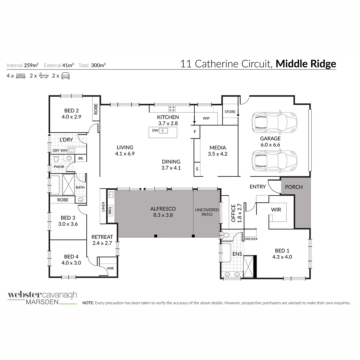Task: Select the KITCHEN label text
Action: pyautogui.click(x=168, y=117)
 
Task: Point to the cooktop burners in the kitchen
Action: pyautogui.click(x=172, y=108)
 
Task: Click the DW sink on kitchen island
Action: pyautogui.click(x=163, y=131)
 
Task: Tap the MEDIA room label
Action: pyautogui.click(x=218, y=148)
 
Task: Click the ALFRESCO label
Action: pyautogui.click(x=163, y=209)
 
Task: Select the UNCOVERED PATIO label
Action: pyautogui.click(x=207, y=212)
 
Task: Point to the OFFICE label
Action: pyautogui.click(x=233, y=213)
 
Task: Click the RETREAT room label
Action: pyautogui.click(x=102, y=237)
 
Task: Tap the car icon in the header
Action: pyautogui.click(x=65, y=76)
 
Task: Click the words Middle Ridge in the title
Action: pyautogui.click(x=306, y=64)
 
